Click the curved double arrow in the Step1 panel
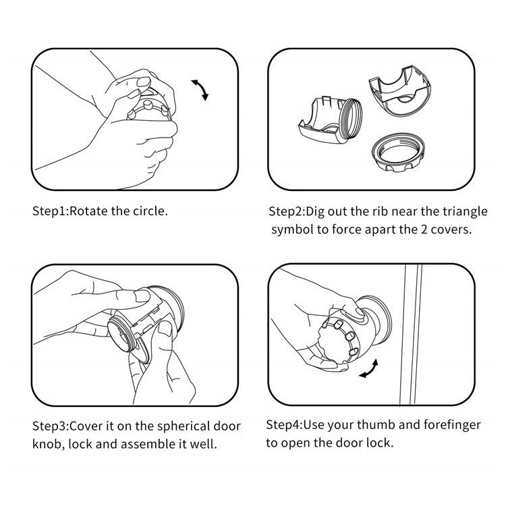click(x=201, y=89)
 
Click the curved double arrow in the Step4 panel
click(x=369, y=368)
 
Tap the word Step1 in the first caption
click(x=49, y=211)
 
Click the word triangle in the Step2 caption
click(x=465, y=211)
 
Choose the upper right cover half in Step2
click(x=399, y=92)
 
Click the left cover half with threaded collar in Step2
click(x=330, y=120)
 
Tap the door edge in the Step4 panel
click(x=411, y=335)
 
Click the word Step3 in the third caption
click(x=50, y=426)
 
